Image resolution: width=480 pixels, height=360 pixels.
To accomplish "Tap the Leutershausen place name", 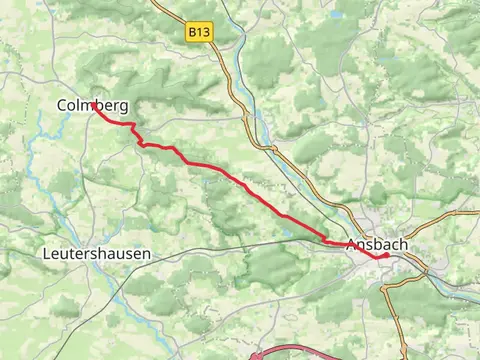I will [97, 254].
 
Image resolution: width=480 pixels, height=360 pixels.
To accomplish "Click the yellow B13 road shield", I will [200, 33].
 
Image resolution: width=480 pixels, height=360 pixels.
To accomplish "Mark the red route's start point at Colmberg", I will [93, 103].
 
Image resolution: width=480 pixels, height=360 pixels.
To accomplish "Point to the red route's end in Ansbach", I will [386, 254].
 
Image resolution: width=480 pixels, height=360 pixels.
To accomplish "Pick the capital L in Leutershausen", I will [48, 254].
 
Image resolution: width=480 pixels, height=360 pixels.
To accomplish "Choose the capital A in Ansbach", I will [351, 245].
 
